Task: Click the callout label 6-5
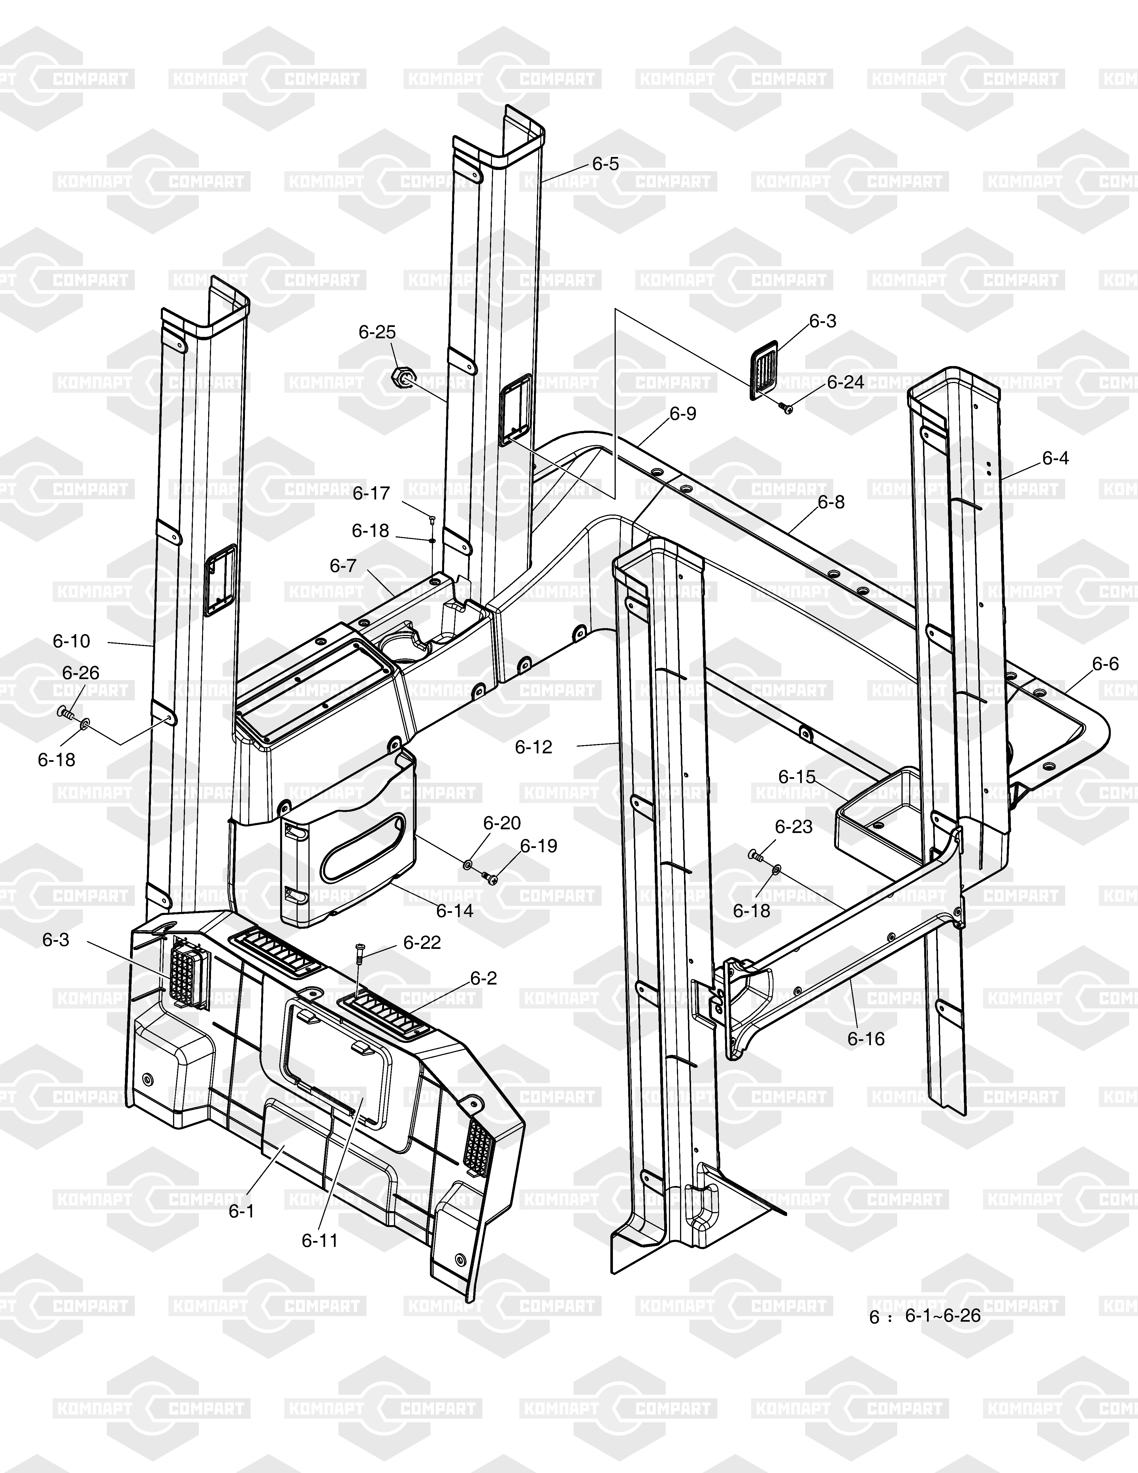pyautogui.click(x=606, y=164)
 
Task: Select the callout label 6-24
pyautogui.click(x=845, y=382)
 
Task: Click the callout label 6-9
pyautogui.click(x=683, y=413)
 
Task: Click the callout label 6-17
pyautogui.click(x=372, y=494)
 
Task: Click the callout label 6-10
pyautogui.click(x=71, y=641)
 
